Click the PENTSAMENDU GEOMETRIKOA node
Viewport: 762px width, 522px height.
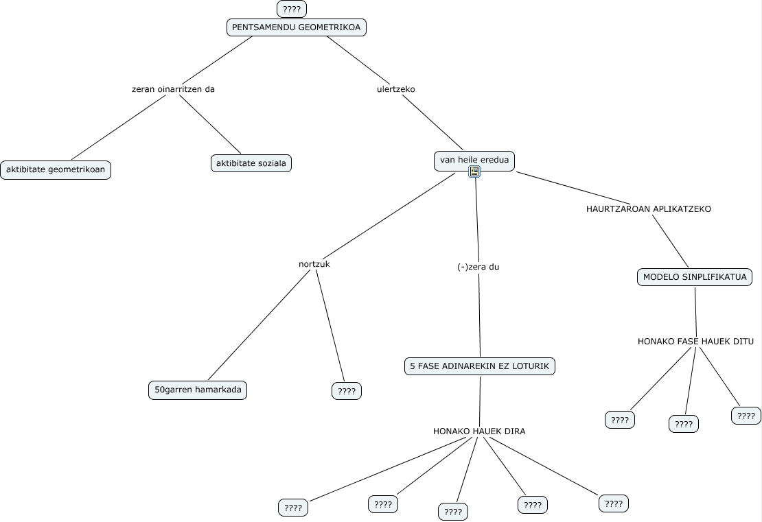click(297, 27)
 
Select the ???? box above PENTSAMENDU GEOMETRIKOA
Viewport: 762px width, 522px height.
click(292, 9)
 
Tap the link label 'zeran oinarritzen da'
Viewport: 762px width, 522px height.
click(173, 89)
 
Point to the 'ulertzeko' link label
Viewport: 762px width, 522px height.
click(396, 89)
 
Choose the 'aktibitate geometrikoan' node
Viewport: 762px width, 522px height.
click(56, 169)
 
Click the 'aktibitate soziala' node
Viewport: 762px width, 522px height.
click(251, 163)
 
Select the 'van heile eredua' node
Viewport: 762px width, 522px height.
click(474, 161)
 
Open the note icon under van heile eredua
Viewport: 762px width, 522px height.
click(474, 171)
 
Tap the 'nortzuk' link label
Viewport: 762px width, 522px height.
click(314, 264)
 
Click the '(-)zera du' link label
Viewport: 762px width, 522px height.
click(478, 267)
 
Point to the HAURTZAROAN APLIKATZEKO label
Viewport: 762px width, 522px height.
click(649, 209)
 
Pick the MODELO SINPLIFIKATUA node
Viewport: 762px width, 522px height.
click(695, 278)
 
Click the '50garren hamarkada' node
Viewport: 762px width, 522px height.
click(198, 390)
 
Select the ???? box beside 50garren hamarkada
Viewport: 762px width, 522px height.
click(347, 391)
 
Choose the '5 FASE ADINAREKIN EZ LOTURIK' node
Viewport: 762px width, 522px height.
click(480, 366)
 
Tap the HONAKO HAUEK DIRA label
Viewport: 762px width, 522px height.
click(479, 431)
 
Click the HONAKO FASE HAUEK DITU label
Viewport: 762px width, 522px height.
click(696, 342)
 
